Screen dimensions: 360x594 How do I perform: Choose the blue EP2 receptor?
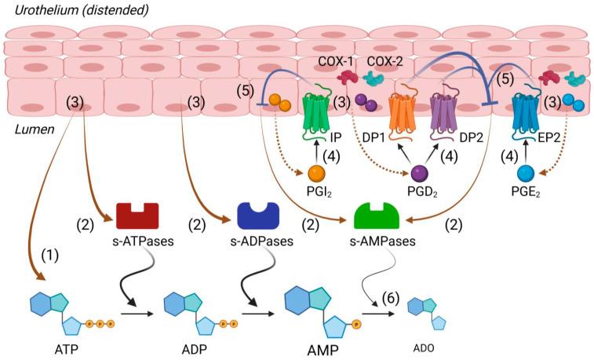click(526, 116)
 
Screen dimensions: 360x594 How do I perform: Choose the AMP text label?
click(319, 351)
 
